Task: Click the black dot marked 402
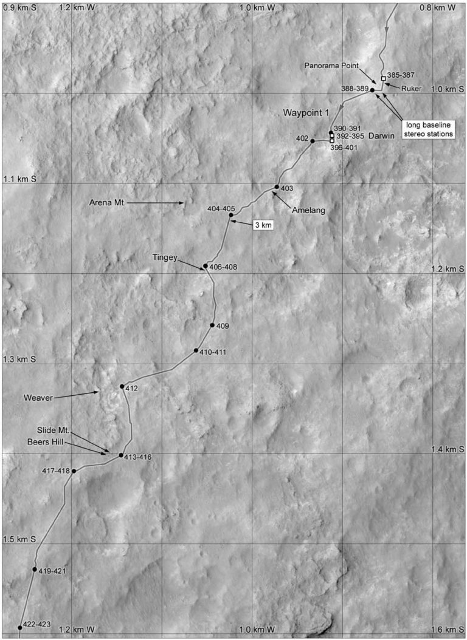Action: (x=313, y=141)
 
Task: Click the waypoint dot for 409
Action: (x=212, y=325)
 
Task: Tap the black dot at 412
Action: (x=122, y=386)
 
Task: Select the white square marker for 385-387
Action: (x=383, y=78)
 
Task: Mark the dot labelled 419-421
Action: (x=35, y=570)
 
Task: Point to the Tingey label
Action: (x=165, y=258)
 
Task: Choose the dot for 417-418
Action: (x=74, y=471)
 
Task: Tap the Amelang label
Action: (x=308, y=210)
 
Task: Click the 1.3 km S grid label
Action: (x=20, y=359)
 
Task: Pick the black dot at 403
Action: (x=277, y=187)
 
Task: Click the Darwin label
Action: (x=379, y=137)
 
